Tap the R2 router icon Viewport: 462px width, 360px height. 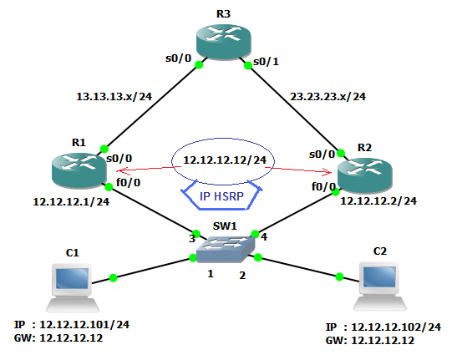[364, 170]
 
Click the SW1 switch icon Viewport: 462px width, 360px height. [225, 245]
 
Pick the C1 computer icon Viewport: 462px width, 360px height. [72, 281]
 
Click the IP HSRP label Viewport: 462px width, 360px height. [223, 198]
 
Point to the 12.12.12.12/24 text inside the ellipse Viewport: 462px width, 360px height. [223, 160]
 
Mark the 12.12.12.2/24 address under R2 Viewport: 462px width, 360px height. [379, 200]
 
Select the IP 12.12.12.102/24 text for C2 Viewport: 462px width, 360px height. [383, 327]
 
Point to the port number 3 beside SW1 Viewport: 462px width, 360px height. [191, 238]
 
